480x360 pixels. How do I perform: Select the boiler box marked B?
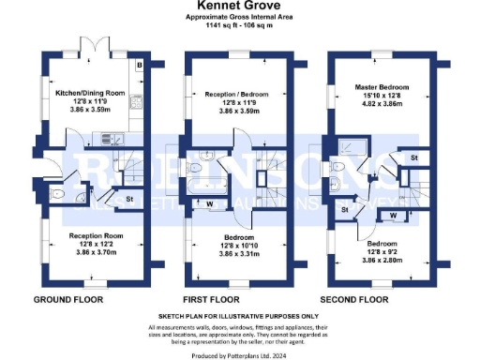point(139,66)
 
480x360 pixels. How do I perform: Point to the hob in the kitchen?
point(137,101)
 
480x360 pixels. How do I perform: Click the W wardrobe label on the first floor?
point(209,202)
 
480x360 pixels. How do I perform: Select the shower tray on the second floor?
point(346,144)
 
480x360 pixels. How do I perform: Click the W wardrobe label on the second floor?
point(393,215)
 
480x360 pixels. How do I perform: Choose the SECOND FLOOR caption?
point(354,299)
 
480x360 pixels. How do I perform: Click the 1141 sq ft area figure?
point(221,25)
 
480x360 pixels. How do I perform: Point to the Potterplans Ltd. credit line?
point(240,354)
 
